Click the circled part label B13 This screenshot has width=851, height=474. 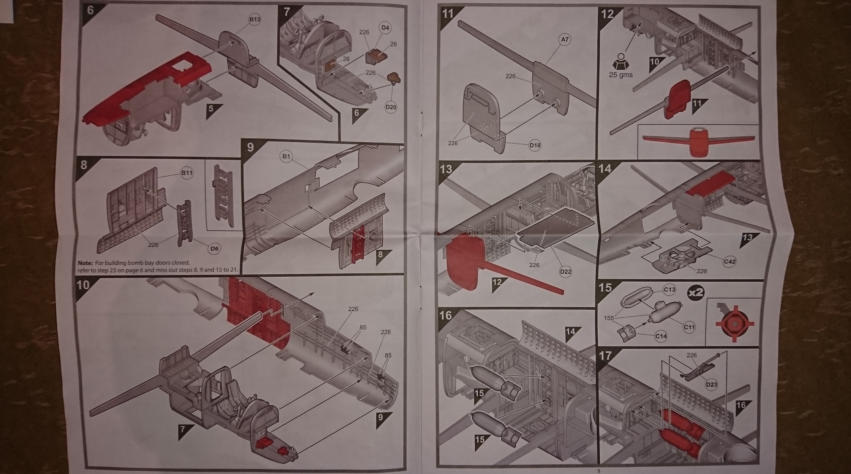click(255, 19)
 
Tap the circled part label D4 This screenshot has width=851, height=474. click(385, 28)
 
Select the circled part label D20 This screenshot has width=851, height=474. click(391, 107)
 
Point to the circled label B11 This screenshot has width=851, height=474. click(187, 173)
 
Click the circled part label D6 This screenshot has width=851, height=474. click(214, 248)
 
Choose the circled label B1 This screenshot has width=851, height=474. click(286, 156)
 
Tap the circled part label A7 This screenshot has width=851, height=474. click(564, 40)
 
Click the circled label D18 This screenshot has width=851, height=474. click(535, 145)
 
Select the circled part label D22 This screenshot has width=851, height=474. click(566, 272)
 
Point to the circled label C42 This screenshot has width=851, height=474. click(730, 262)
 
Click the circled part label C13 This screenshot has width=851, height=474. click(669, 290)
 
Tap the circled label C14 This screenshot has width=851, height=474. click(661, 336)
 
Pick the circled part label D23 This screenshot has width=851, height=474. click(712, 385)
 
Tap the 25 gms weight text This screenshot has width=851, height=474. click(621, 75)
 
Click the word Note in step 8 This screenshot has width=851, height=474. click(85, 263)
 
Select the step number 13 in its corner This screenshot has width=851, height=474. click(446, 170)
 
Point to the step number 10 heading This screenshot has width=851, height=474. click(83, 285)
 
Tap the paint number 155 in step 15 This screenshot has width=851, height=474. click(609, 318)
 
